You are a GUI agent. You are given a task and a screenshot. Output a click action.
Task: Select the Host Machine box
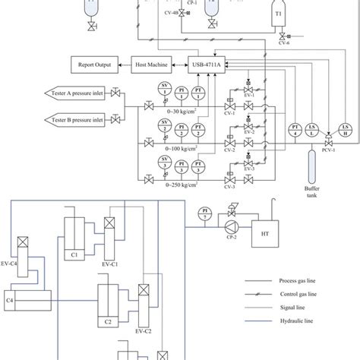coord(153,65)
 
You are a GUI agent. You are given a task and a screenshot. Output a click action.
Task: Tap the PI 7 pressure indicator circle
coord(203,213)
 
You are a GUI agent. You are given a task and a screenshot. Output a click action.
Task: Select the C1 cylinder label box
coord(75,255)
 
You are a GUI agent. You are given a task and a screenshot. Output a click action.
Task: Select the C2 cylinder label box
coord(108,321)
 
